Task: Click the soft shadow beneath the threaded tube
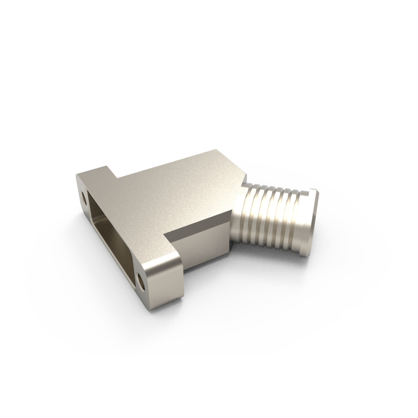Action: coord(274,258)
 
